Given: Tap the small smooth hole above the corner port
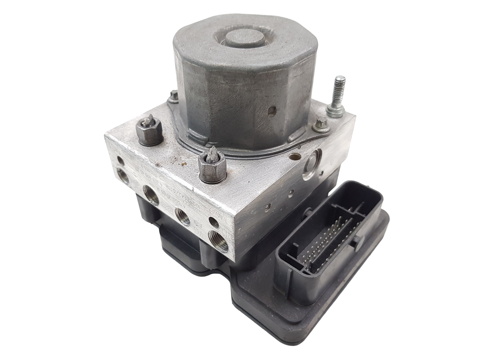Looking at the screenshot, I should point(213,222).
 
